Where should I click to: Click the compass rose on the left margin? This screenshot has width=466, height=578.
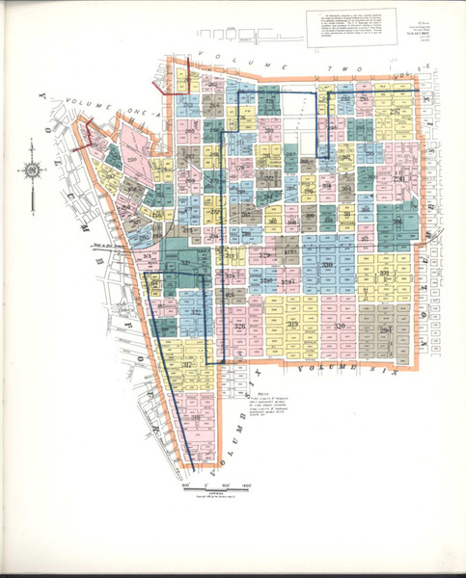(x=32, y=171)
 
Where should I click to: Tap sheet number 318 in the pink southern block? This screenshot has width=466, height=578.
(x=196, y=417)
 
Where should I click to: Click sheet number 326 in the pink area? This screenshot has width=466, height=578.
(x=239, y=328)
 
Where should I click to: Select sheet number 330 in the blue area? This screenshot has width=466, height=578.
(x=326, y=265)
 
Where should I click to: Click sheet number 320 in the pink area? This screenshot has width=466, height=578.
(x=340, y=328)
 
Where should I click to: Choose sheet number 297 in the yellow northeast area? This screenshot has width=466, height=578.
(x=395, y=113)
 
